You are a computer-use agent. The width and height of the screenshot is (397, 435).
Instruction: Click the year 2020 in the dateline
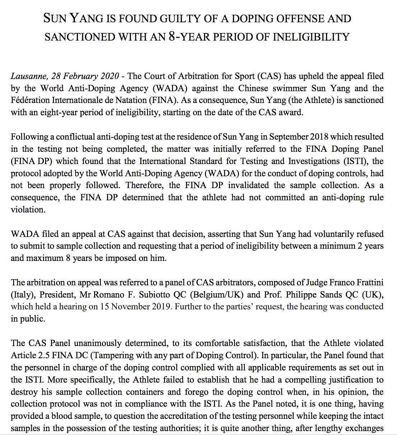pos(109,76)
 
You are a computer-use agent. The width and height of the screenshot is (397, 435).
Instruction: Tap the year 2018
pos(319,137)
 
